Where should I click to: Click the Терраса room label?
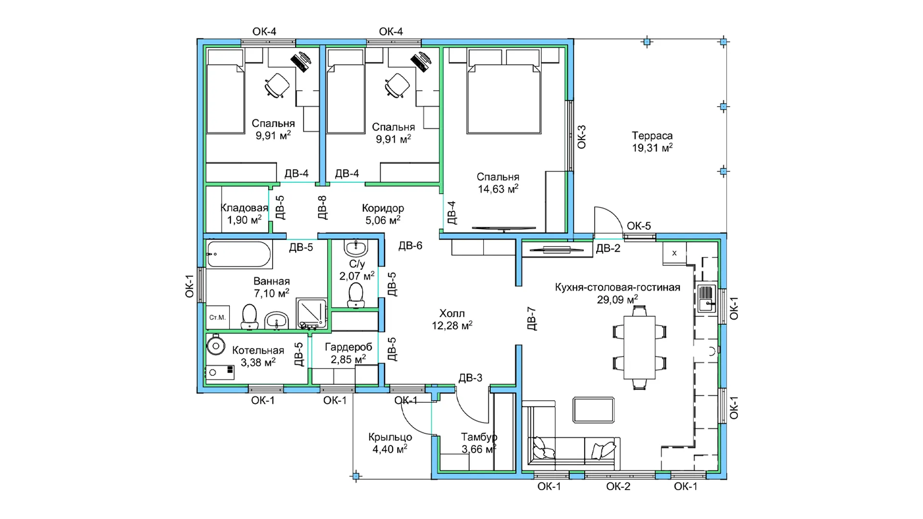(652, 136)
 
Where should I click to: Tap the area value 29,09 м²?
(617, 299)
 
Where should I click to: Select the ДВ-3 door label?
(470, 378)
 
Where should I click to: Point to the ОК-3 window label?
(581, 137)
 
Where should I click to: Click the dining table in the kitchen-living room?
(639, 347)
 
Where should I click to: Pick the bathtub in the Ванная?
(239, 254)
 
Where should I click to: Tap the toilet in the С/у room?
(355, 295)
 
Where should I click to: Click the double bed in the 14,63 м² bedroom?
(504, 99)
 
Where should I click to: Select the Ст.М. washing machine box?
(217, 317)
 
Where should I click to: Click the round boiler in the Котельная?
(216, 345)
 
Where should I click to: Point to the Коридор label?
(383, 208)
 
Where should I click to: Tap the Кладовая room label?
(244, 208)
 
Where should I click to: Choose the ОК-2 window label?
(618, 486)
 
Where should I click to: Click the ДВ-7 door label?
(531, 319)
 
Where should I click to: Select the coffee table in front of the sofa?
(594, 410)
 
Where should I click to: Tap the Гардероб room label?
(349, 347)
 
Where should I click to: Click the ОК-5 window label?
(638, 226)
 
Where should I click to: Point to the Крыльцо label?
(390, 437)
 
